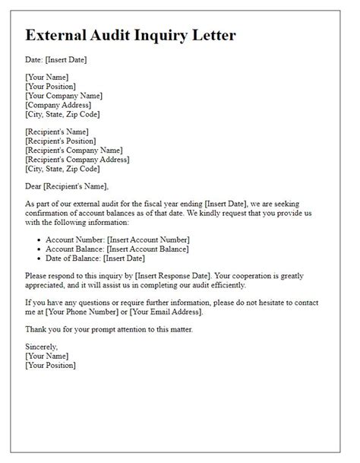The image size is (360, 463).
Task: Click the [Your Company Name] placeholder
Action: (64, 96)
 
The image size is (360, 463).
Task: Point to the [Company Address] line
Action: (59, 105)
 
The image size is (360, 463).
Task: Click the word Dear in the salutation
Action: (35, 186)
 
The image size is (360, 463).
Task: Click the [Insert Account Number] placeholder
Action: (148, 240)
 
